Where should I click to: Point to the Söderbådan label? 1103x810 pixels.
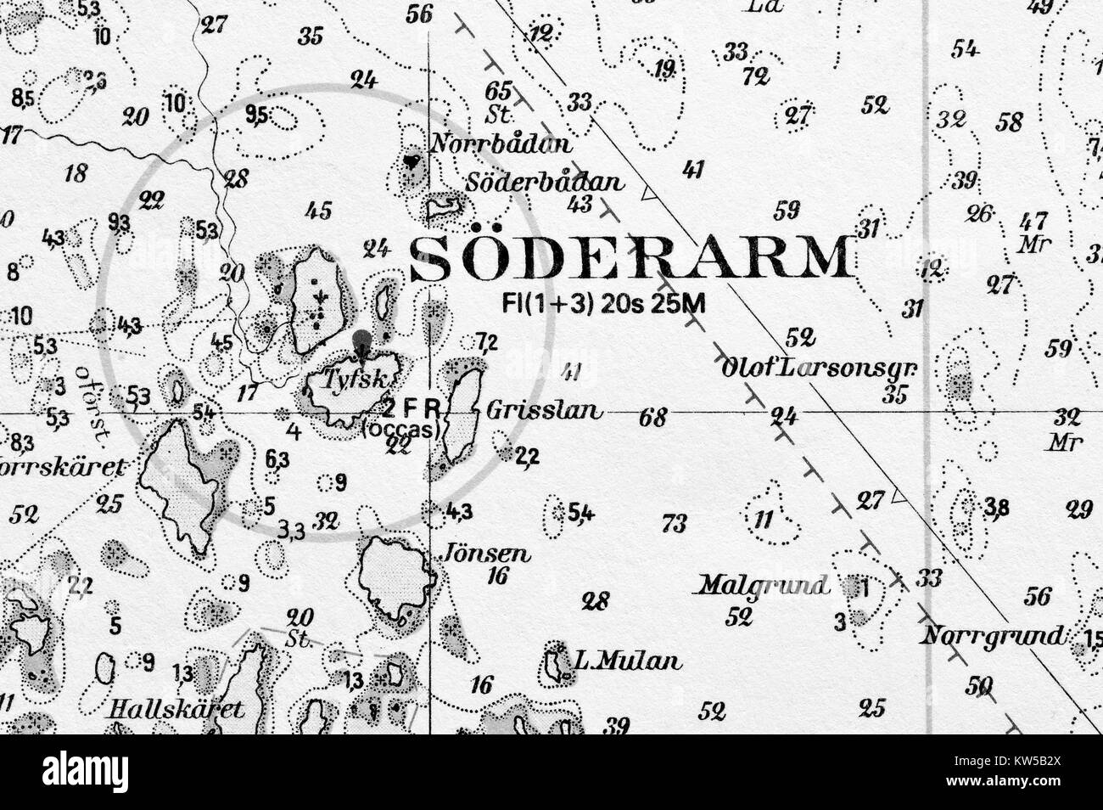(x=545, y=183)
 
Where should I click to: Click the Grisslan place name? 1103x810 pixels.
(x=546, y=412)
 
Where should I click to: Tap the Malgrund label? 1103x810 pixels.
(x=763, y=585)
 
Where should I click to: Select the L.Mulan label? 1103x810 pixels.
(x=627, y=661)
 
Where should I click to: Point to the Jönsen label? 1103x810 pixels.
(x=488, y=554)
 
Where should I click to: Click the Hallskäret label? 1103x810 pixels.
(x=176, y=709)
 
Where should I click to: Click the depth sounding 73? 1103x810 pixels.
(x=674, y=524)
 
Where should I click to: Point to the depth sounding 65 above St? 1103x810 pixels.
(x=498, y=90)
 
